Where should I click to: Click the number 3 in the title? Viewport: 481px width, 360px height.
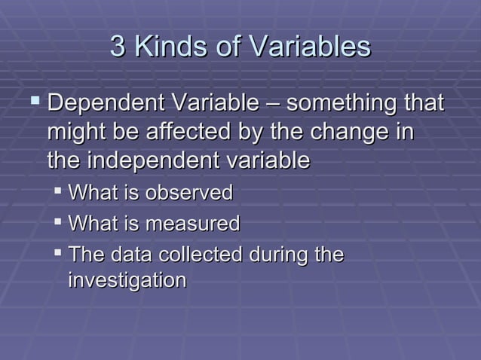118,47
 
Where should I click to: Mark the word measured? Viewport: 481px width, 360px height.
192,224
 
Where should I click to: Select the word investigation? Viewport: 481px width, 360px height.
127,281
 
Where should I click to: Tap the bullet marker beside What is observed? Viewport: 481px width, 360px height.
58,192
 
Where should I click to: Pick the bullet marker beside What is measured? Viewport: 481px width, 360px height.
58,223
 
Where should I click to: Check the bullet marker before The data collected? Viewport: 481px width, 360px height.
58,254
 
